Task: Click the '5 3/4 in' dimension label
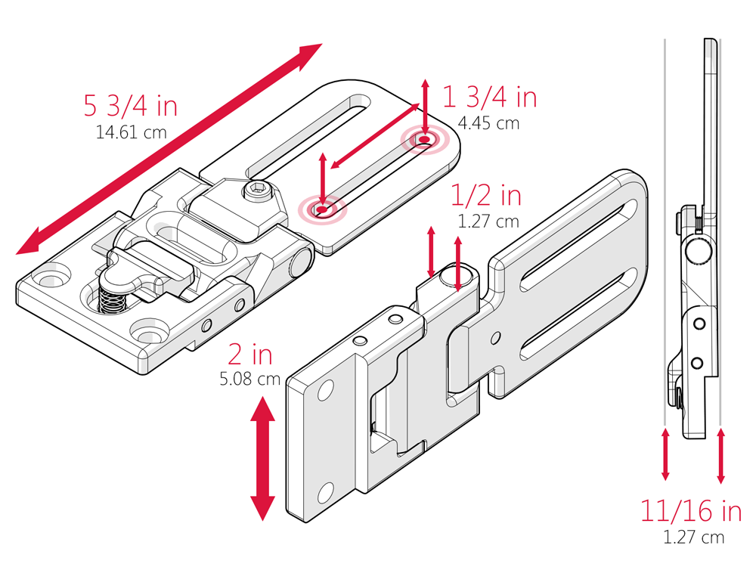130,106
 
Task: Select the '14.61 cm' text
131,132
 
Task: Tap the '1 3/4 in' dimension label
489,97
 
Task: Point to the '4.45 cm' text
488,123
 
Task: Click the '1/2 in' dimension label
486,196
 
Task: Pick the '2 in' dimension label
249,354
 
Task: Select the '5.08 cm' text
249,379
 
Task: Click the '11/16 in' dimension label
691,512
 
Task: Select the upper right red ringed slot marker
425,139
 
